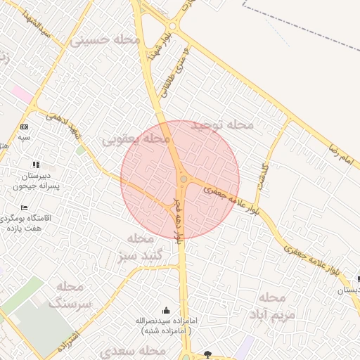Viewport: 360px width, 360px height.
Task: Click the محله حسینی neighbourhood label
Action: click(105, 40)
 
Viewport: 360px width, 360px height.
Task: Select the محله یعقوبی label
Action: click(137, 141)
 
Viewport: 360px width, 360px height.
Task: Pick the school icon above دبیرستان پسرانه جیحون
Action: click(36, 165)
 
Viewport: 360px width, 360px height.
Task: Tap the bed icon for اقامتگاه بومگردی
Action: click(25, 208)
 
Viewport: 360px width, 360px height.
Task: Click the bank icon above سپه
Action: click(25, 127)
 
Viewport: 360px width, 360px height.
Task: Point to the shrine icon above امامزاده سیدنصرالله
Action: click(166, 310)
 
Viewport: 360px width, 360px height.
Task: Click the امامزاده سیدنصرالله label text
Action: click(169, 326)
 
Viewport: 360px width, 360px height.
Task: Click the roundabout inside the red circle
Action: click(184, 180)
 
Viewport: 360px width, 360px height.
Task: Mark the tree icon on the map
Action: click(207, 353)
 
